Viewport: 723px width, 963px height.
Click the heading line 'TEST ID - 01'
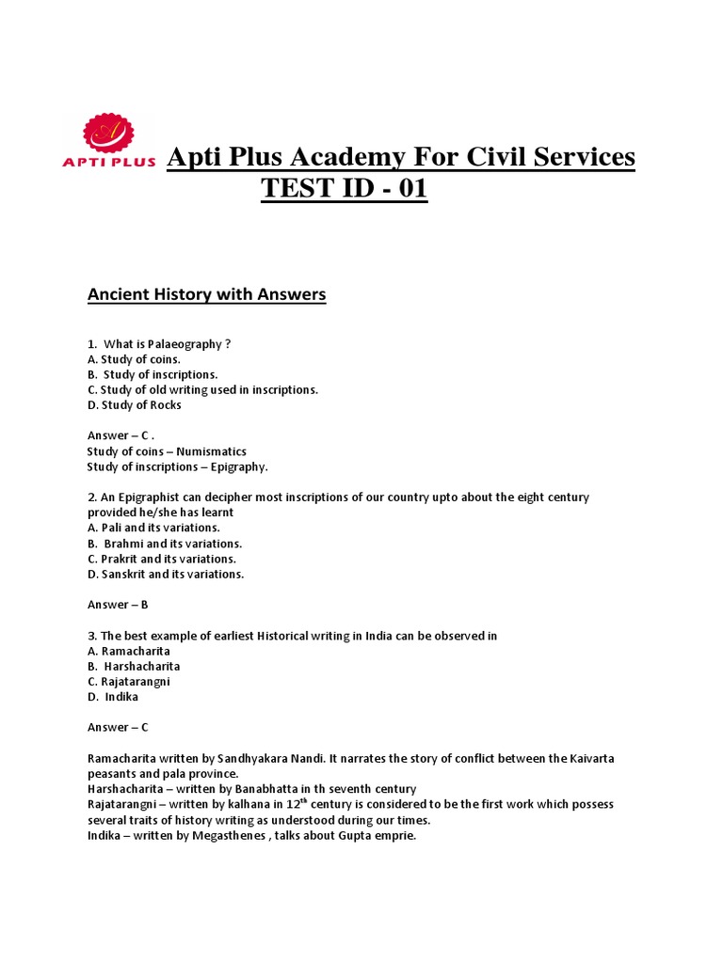tap(344, 189)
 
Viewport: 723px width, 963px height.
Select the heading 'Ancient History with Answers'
tap(206, 294)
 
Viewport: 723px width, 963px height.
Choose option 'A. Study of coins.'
tap(134, 359)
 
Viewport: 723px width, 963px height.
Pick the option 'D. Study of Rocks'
tap(134, 405)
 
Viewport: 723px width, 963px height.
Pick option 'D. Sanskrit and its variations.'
tap(166, 575)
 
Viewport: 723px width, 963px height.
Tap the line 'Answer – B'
tap(118, 605)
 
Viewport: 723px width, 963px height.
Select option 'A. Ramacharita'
tap(129, 651)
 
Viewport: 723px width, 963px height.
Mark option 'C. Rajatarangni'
tap(129, 682)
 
